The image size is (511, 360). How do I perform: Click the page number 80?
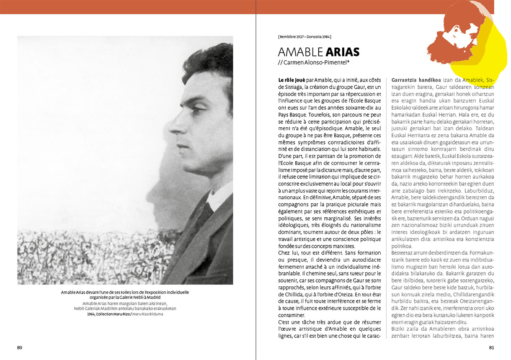tap(20, 347)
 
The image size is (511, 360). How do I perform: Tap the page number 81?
tap(492, 347)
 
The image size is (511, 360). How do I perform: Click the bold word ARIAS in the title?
tap(342, 52)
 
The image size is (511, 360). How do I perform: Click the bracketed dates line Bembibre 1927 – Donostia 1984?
tap(305, 36)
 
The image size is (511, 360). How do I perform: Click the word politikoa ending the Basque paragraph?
tap(402, 246)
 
